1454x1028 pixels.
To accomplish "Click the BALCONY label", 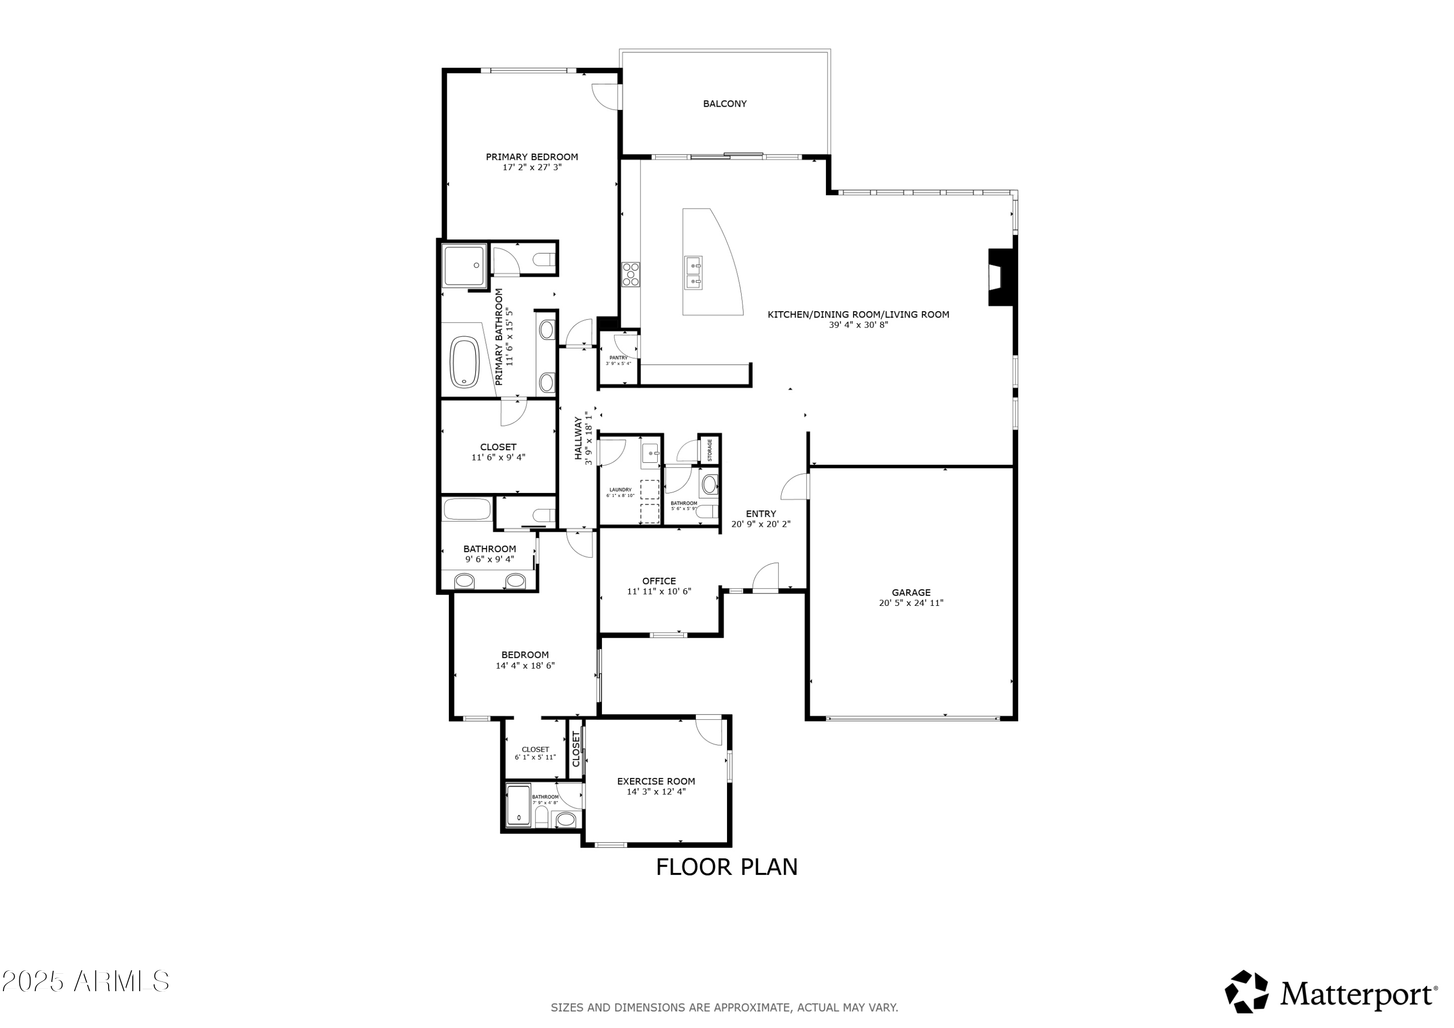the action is [x=725, y=104].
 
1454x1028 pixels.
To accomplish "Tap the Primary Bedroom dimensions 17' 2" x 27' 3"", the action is [x=532, y=168].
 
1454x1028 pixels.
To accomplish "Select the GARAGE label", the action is [x=911, y=593].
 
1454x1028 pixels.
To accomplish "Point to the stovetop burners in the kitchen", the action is [x=631, y=275].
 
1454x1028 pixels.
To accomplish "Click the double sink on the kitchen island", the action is [x=694, y=272].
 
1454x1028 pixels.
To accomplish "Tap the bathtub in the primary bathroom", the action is [x=464, y=362].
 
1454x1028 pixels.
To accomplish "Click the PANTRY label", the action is [x=618, y=358].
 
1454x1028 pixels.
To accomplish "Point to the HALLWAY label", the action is [x=578, y=438].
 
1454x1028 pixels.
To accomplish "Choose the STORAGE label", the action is [x=710, y=450].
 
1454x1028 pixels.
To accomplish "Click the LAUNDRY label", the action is [x=620, y=490].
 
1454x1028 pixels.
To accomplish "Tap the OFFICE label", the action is [x=659, y=581].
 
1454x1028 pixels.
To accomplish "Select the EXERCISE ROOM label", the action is [x=656, y=782].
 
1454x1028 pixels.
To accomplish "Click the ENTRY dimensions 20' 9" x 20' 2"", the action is [x=760, y=524].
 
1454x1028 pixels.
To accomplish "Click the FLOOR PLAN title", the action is [x=727, y=867].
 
